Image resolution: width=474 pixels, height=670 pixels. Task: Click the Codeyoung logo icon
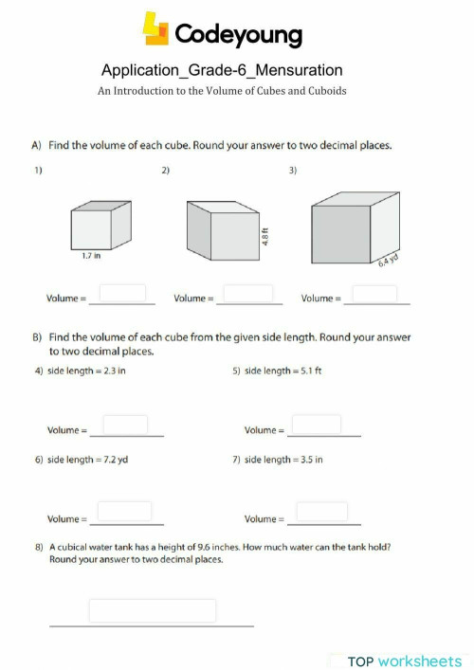click(155, 28)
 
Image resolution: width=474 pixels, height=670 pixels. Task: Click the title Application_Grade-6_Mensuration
click(222, 70)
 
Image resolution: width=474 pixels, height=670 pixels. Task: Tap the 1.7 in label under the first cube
click(92, 255)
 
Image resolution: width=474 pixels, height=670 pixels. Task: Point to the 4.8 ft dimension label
click(266, 235)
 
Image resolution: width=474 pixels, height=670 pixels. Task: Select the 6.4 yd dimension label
click(387, 263)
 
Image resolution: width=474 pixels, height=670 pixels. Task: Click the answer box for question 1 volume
click(123, 293)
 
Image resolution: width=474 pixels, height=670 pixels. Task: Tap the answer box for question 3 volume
click(374, 293)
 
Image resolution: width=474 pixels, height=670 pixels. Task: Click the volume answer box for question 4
click(125, 425)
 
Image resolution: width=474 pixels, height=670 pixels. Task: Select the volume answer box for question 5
click(317, 425)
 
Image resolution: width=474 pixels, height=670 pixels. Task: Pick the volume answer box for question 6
click(125, 512)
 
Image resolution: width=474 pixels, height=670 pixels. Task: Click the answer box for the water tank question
click(153, 610)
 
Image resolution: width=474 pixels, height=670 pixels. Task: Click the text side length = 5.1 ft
click(278, 371)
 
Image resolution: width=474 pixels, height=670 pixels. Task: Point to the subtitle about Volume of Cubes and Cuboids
click(222, 91)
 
